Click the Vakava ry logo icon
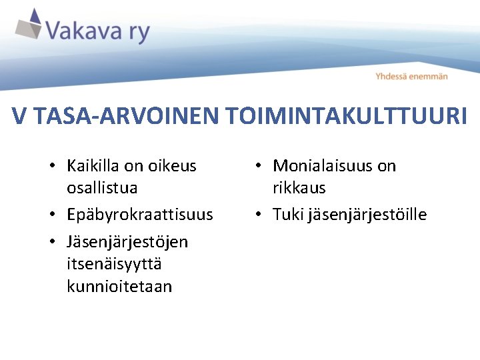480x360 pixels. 29,25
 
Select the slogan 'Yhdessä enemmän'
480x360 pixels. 411,77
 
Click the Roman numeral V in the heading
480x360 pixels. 20,117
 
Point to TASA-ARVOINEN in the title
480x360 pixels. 126,117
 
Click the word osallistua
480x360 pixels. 102,188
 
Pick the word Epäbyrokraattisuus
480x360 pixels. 140,215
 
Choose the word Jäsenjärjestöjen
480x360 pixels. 127,241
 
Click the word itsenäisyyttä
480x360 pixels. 114,264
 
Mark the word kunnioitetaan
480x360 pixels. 119,287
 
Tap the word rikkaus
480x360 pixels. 299,188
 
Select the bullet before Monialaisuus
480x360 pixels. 261,166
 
